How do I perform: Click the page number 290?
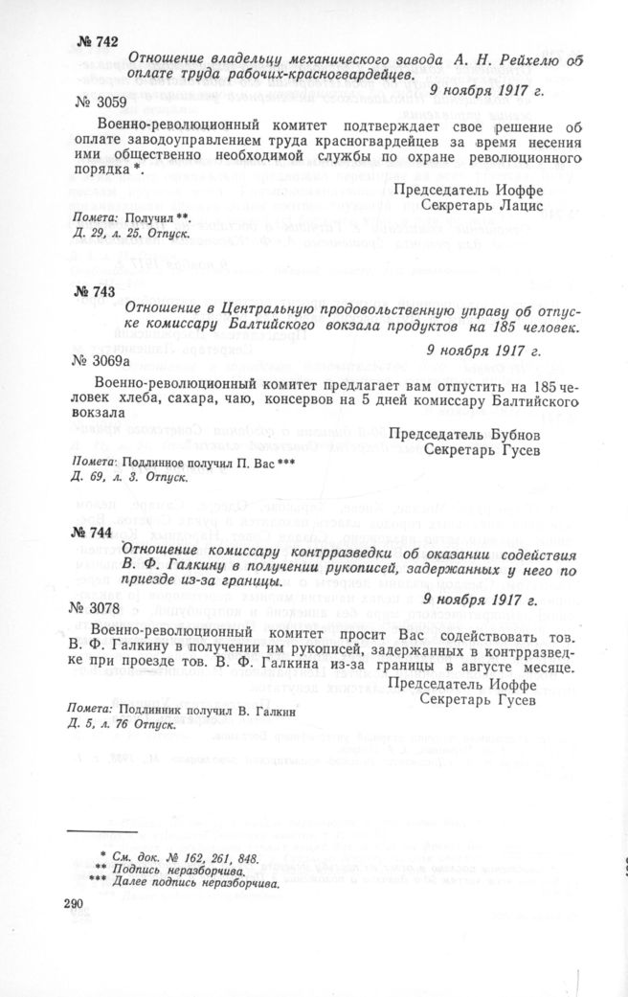click(74, 903)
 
